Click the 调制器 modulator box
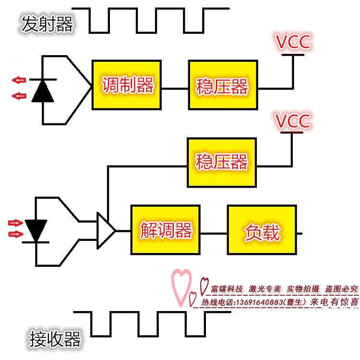[127, 85]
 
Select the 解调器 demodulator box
[165, 230]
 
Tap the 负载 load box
[262, 230]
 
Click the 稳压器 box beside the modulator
[223, 85]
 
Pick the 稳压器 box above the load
[222, 163]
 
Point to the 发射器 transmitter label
[47, 24]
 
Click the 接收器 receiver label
[55, 339]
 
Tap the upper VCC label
[293, 42]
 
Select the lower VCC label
[293, 120]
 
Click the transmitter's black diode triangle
[43, 91]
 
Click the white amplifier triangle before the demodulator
[106, 230]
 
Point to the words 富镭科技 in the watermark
[227, 289]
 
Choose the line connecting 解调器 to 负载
[214, 233]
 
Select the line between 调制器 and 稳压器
[175, 88]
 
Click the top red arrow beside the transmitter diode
[19, 80]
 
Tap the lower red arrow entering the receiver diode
[16, 234]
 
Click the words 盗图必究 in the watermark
[341, 289]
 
